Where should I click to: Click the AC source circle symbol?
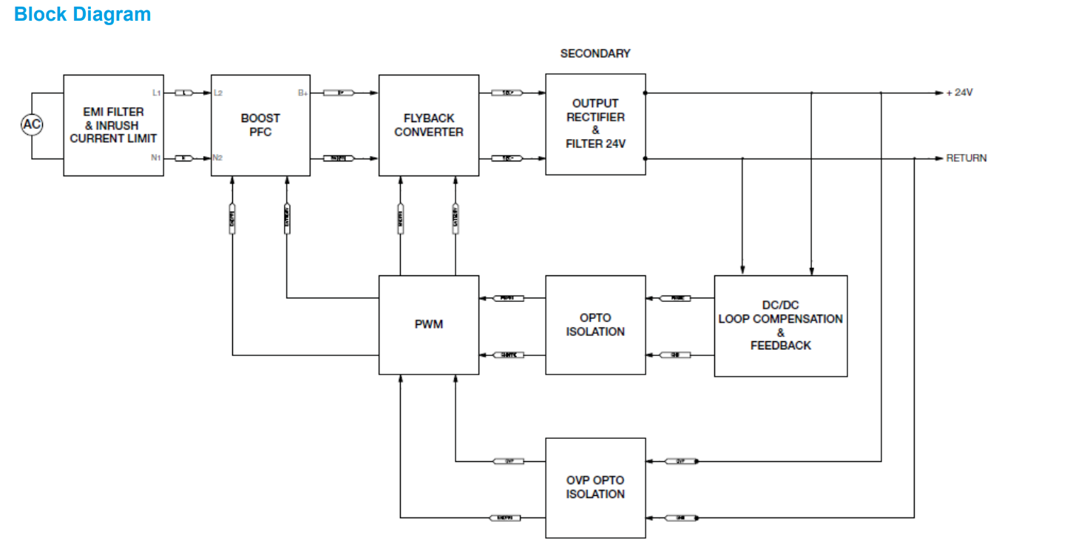(31, 125)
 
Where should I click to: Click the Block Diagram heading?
(82, 14)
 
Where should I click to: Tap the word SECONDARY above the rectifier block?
(595, 53)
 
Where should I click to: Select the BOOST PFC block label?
(260, 125)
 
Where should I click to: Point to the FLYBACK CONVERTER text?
(429, 125)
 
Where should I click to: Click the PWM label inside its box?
(429, 325)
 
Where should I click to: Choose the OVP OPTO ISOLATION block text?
(595, 487)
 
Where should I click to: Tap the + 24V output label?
(959, 93)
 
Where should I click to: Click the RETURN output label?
(966, 158)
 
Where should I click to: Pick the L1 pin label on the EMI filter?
(156, 93)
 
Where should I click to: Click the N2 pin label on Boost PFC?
(217, 158)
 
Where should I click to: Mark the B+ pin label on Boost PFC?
(302, 93)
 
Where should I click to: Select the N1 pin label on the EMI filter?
(156, 158)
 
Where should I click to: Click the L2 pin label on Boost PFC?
(217, 93)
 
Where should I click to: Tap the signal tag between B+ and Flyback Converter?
(340, 93)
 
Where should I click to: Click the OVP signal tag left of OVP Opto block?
(509, 461)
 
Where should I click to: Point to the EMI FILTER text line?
(113, 112)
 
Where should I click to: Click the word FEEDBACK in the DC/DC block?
(780, 346)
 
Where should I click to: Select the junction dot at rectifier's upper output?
(646, 93)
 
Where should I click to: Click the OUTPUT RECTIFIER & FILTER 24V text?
(595, 124)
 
